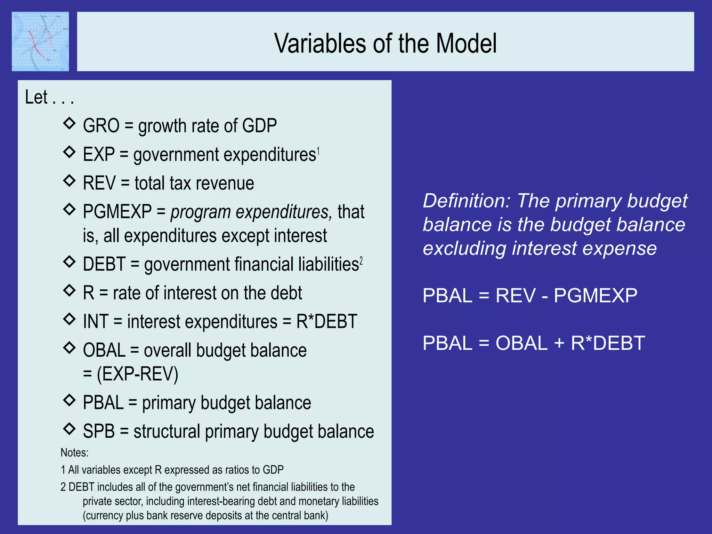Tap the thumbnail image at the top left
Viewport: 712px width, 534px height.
tap(40, 41)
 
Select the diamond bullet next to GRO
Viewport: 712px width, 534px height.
tap(70, 123)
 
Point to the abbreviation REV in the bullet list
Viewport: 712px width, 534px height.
tap(99, 183)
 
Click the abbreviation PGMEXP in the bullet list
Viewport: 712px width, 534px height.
tap(117, 212)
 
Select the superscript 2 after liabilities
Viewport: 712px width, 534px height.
tap(361, 261)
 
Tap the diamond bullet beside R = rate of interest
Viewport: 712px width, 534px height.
tap(70, 290)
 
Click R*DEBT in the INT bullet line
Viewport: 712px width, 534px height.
tap(326, 321)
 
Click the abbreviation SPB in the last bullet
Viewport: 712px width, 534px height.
tap(99, 431)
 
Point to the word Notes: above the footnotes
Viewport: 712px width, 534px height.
tap(74, 453)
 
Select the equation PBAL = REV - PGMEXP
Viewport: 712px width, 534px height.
tap(530, 296)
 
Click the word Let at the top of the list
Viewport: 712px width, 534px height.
tap(36, 97)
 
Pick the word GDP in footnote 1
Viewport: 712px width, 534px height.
tap(273, 470)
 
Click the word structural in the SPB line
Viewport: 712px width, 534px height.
tap(167, 431)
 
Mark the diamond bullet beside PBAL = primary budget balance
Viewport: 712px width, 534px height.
tap(70, 400)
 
